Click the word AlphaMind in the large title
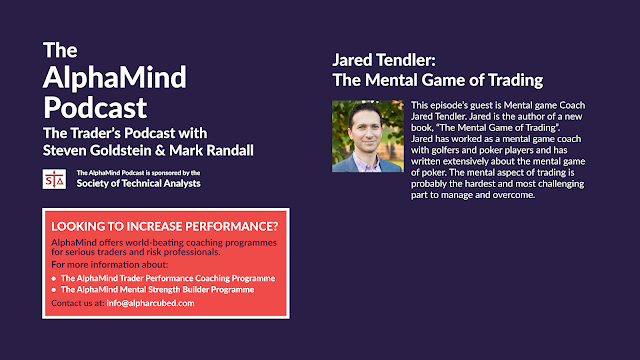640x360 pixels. pos(114,77)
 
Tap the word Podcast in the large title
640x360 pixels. pos(95,108)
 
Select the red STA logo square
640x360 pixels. pos(54,179)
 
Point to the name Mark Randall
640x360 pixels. pos(211,150)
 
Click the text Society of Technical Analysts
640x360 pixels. pos(138,183)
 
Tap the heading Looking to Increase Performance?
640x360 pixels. pos(164,226)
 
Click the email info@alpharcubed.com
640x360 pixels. pos(150,303)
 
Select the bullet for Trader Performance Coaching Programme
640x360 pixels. pos(53,279)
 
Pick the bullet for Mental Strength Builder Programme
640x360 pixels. pos(53,290)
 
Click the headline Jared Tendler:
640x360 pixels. pos(384,60)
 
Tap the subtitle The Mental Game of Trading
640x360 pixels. pos(438,80)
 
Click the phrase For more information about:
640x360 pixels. pos(109,264)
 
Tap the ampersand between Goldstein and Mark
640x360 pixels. pos(160,151)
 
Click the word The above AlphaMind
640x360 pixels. pos(60,50)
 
